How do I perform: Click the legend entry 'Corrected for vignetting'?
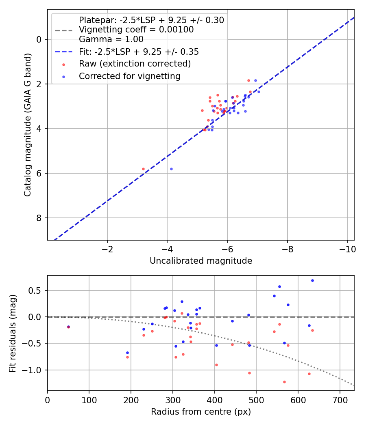point(130,76)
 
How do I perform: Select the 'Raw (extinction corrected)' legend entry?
point(135,64)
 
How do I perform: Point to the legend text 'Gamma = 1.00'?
point(111,39)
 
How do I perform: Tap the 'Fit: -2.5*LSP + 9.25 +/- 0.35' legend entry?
point(139,52)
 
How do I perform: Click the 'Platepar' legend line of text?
point(151,20)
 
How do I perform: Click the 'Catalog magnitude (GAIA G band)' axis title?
point(28,125)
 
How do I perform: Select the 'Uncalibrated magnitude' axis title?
point(201,261)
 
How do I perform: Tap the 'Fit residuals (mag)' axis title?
point(13,333)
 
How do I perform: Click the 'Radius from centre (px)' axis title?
point(201,412)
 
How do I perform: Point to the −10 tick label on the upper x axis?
point(347,249)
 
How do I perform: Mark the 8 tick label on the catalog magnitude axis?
point(39,218)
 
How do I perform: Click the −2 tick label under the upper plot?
point(107,249)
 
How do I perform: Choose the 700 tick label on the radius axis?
point(340,400)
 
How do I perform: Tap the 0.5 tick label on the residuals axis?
point(35,291)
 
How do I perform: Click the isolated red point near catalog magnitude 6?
point(144,169)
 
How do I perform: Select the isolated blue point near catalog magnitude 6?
point(171,169)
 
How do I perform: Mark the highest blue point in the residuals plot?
point(312,281)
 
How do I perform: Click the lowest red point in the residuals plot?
point(285,382)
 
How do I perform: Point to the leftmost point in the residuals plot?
point(68,327)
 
